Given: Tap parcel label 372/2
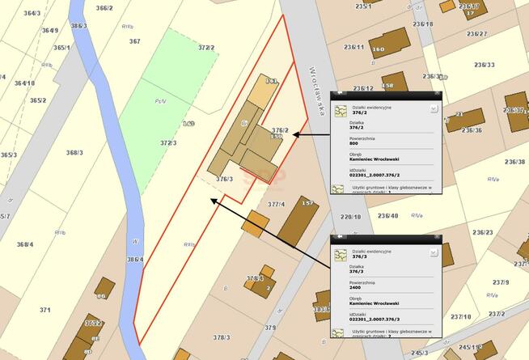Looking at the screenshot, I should (206, 48).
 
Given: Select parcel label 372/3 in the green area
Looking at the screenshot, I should (168, 143).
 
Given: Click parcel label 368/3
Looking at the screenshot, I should (74, 152).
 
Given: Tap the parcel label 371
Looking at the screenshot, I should (45, 310).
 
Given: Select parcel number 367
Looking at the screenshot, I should (134, 41).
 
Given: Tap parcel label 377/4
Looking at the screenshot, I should (277, 205).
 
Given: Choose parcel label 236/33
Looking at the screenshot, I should (485, 66).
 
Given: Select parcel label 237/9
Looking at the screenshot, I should (500, 282).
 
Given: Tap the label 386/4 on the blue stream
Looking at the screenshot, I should (134, 260).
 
